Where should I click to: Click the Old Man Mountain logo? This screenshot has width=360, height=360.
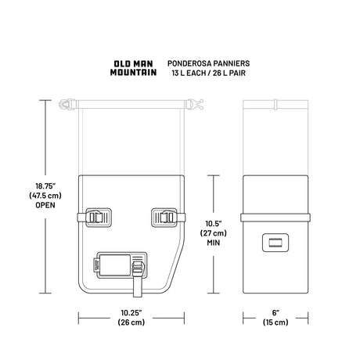[133, 68]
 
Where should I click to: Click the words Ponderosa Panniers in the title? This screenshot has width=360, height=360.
[208, 63]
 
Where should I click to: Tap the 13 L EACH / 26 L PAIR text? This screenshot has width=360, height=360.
[208, 73]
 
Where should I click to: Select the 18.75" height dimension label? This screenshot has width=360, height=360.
[45, 186]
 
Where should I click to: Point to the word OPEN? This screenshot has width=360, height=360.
[45, 205]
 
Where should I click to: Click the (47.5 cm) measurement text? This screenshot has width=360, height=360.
[45, 196]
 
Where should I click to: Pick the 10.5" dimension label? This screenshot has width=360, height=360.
[214, 224]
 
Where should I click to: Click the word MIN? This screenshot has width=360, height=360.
[214, 243]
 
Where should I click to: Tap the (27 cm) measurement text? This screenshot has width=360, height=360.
[214, 233]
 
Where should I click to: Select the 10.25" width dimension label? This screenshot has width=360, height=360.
[131, 312]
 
